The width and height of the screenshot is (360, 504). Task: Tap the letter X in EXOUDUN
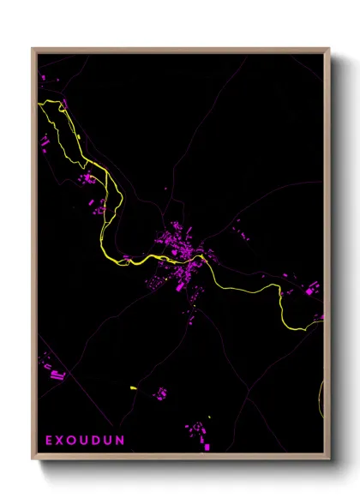point(61,440)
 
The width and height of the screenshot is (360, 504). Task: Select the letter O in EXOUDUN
point(74,440)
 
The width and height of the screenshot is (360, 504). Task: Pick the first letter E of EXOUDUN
point(49,440)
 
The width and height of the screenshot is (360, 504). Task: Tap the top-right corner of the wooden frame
point(329,49)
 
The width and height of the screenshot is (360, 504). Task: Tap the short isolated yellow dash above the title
point(133,390)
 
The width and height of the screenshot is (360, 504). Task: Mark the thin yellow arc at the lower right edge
point(322,403)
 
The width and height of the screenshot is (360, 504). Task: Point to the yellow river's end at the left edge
point(39,104)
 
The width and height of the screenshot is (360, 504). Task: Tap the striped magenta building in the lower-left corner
point(57,373)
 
